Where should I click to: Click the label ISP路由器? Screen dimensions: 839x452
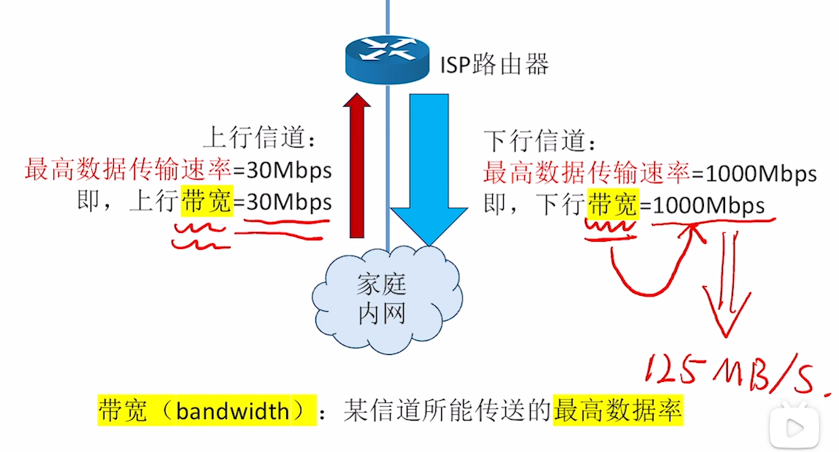[x=494, y=66]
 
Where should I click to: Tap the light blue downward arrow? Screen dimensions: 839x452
[x=428, y=168]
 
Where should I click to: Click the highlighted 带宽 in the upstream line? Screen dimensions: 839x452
[x=207, y=202]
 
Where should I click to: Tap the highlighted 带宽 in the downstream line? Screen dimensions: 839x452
[x=613, y=205]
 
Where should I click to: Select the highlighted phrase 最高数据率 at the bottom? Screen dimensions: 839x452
[x=617, y=411]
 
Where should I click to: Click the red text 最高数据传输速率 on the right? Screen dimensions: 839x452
[x=586, y=174]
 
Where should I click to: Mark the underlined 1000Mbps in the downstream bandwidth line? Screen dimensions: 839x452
[x=707, y=205]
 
